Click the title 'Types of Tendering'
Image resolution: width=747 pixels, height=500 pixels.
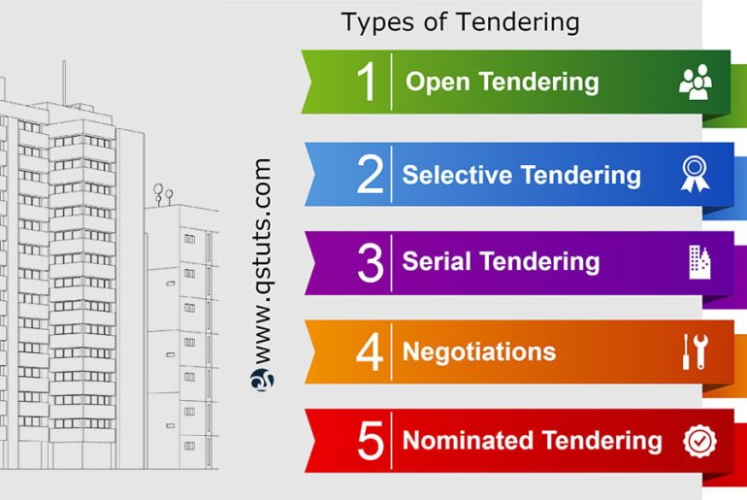[x=460, y=21]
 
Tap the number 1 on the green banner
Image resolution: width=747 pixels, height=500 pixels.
[x=366, y=83]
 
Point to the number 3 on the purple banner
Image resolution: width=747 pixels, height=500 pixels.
[x=370, y=263]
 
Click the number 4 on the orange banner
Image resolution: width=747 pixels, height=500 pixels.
[x=370, y=351]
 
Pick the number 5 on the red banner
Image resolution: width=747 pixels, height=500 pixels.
[x=370, y=441]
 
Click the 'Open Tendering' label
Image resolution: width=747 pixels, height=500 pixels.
[x=502, y=82]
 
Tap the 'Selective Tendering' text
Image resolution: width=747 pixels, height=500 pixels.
[x=521, y=175]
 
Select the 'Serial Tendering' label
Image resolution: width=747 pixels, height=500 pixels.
[x=501, y=262]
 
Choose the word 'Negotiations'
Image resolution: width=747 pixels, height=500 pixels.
[x=479, y=350]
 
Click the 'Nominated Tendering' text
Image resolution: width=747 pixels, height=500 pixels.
[x=532, y=440]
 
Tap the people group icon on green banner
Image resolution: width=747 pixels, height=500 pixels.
[x=695, y=83]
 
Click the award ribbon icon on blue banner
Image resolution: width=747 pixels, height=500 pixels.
[x=695, y=174]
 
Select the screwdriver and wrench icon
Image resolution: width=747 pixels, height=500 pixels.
[x=695, y=350]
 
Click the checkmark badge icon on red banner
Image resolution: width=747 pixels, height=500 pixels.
[x=699, y=441]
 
